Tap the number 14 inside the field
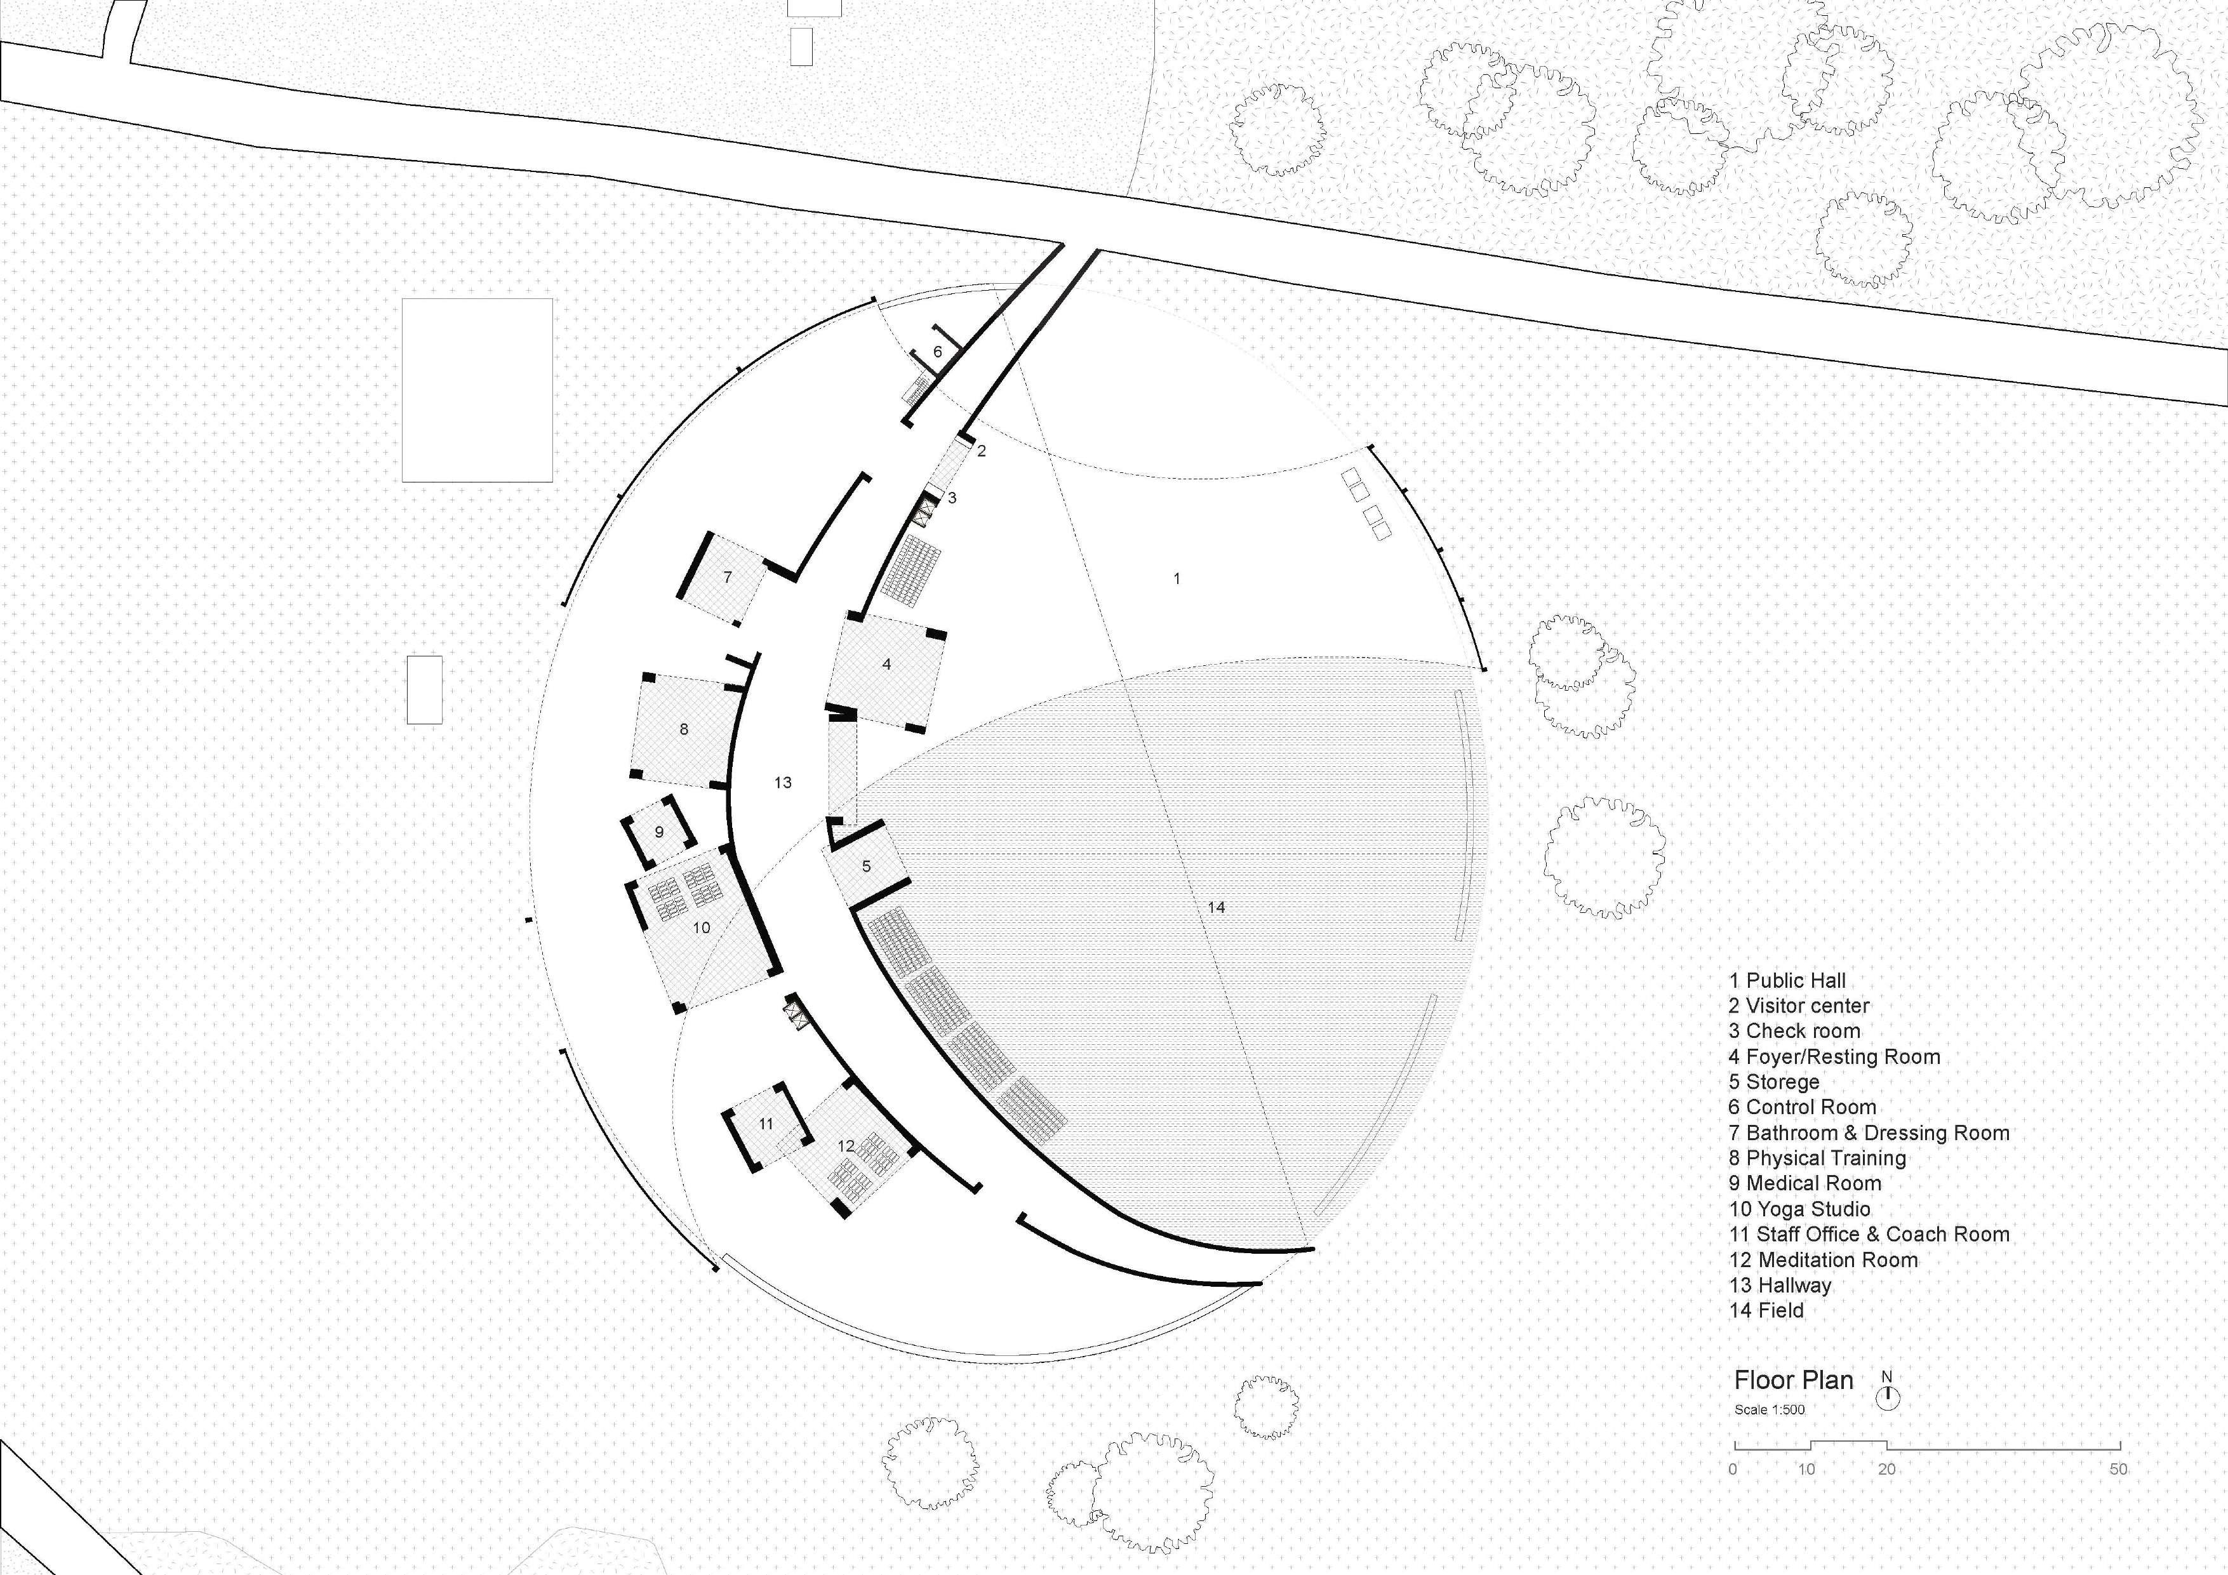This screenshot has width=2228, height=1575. point(1216,907)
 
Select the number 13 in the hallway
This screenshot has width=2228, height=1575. point(783,782)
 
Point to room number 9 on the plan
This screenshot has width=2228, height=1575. point(659,832)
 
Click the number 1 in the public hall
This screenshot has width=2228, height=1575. point(1177,578)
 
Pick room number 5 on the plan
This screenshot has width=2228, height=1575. point(867,866)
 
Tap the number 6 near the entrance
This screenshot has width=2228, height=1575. point(937,351)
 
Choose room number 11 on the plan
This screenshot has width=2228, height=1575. point(766,1124)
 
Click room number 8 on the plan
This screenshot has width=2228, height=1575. point(684,729)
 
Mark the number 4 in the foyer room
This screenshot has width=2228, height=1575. point(886,665)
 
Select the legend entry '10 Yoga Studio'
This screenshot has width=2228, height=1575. point(1799,1209)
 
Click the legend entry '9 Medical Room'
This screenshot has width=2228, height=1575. point(1805,1184)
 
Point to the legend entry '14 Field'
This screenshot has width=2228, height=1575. point(1766,1311)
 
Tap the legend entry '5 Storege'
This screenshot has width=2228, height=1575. point(1774,1082)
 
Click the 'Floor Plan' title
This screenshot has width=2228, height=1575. point(1793,1380)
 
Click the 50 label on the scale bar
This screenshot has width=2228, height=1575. point(2118,1469)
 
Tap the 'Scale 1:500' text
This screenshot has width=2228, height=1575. point(1769,1410)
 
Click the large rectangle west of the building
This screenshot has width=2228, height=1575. point(477,390)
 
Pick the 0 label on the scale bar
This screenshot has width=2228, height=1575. point(1733,1469)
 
